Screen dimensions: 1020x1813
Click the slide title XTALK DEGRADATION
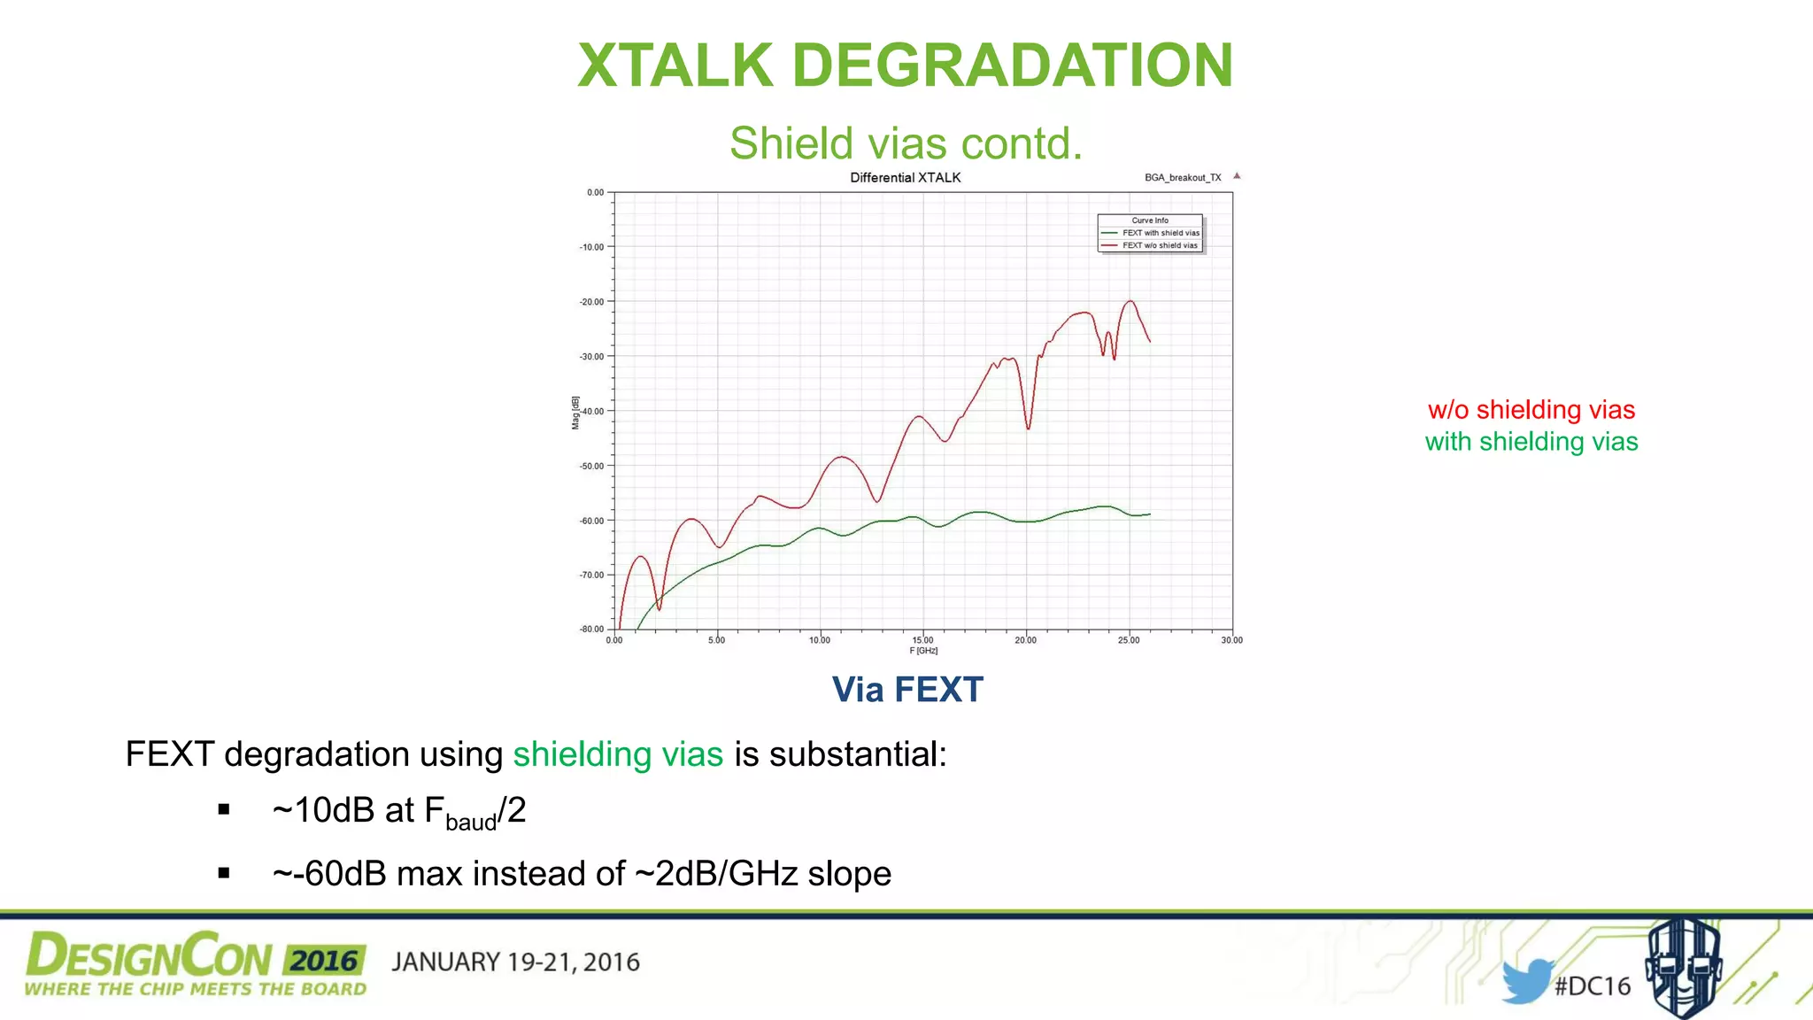[x=905, y=66]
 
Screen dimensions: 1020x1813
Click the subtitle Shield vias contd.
[x=906, y=143]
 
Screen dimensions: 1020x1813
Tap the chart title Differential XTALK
[x=905, y=178]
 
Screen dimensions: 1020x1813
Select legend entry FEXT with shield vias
[x=1160, y=233]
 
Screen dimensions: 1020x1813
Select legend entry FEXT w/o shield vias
[x=1160, y=245]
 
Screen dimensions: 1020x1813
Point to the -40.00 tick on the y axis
[x=592, y=412]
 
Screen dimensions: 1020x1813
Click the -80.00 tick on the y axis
[x=591, y=630]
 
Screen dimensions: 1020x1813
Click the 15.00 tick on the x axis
[x=922, y=640]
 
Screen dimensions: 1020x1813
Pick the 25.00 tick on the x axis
[x=1129, y=640]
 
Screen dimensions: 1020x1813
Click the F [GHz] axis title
[x=923, y=651]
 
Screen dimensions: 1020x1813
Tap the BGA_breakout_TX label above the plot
[x=1183, y=178]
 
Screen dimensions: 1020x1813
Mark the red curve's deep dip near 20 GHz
[x=1028, y=428]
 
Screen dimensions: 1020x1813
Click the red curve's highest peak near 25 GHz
[x=1130, y=302]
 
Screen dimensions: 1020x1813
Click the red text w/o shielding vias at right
[x=1531, y=410]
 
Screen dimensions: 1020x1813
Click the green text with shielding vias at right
[x=1531, y=442]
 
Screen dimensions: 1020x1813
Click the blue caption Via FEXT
[x=907, y=690]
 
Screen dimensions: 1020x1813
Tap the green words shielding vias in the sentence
[x=618, y=754]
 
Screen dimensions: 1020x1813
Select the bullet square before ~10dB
[x=224, y=809]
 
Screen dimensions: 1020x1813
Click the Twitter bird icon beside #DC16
[x=1526, y=981]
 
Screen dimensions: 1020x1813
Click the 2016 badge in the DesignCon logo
[x=325, y=961]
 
